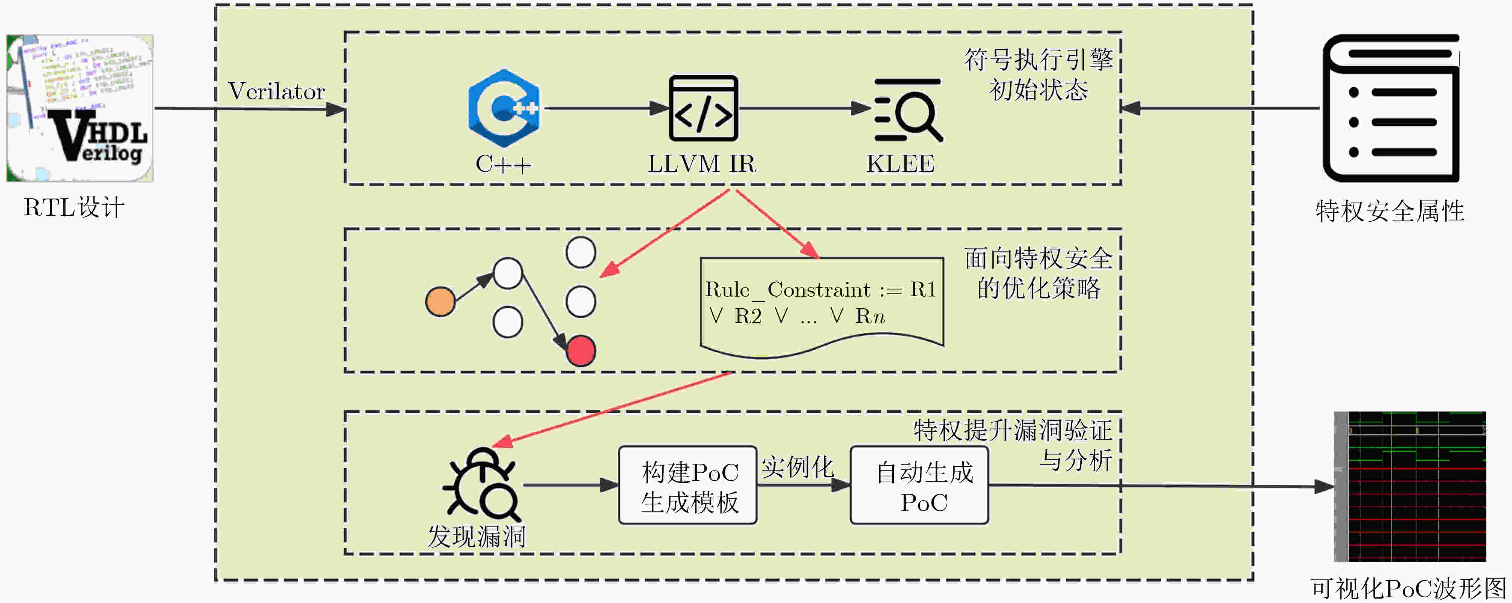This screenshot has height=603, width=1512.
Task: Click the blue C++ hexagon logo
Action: click(504, 108)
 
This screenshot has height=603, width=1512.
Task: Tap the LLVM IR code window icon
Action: click(703, 108)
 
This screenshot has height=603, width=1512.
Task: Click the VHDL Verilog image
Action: click(80, 108)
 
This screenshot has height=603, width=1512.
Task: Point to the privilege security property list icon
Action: click(1390, 108)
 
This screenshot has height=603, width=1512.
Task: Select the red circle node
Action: click(581, 351)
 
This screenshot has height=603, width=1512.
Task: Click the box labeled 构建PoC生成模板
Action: click(688, 486)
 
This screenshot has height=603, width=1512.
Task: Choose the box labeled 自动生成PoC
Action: click(919, 486)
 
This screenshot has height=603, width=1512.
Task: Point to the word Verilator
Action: click(276, 91)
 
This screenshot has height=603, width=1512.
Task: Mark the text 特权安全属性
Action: click(1390, 211)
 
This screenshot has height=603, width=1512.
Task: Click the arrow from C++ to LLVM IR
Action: click(605, 108)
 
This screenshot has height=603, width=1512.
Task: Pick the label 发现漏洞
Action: click(477, 536)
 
